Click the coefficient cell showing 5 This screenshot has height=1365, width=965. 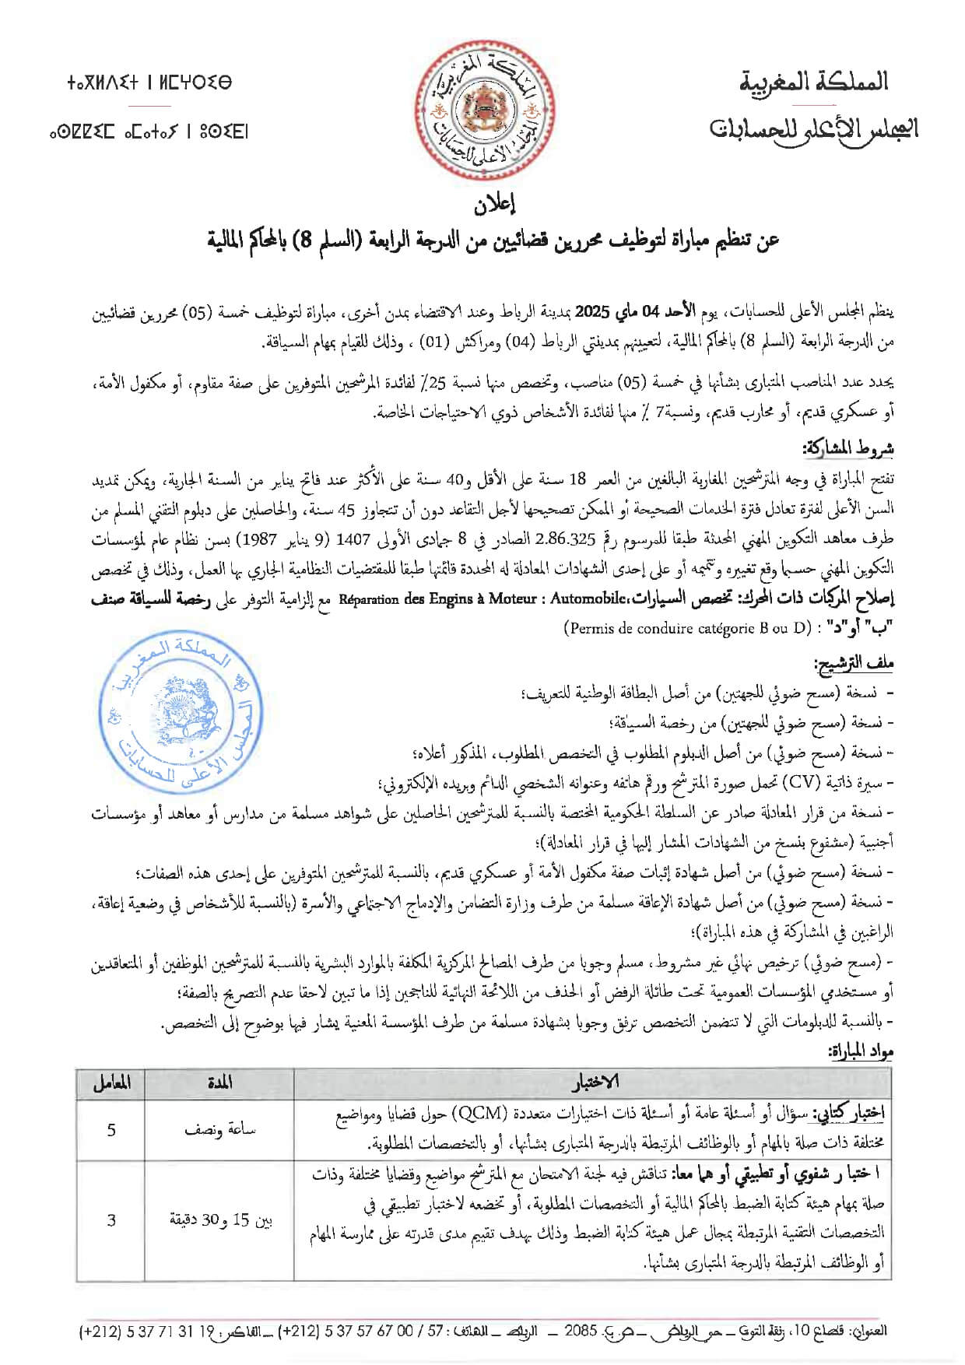point(111,1128)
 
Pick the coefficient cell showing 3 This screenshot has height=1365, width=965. point(111,1219)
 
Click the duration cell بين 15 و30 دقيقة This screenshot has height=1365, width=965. point(220,1219)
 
